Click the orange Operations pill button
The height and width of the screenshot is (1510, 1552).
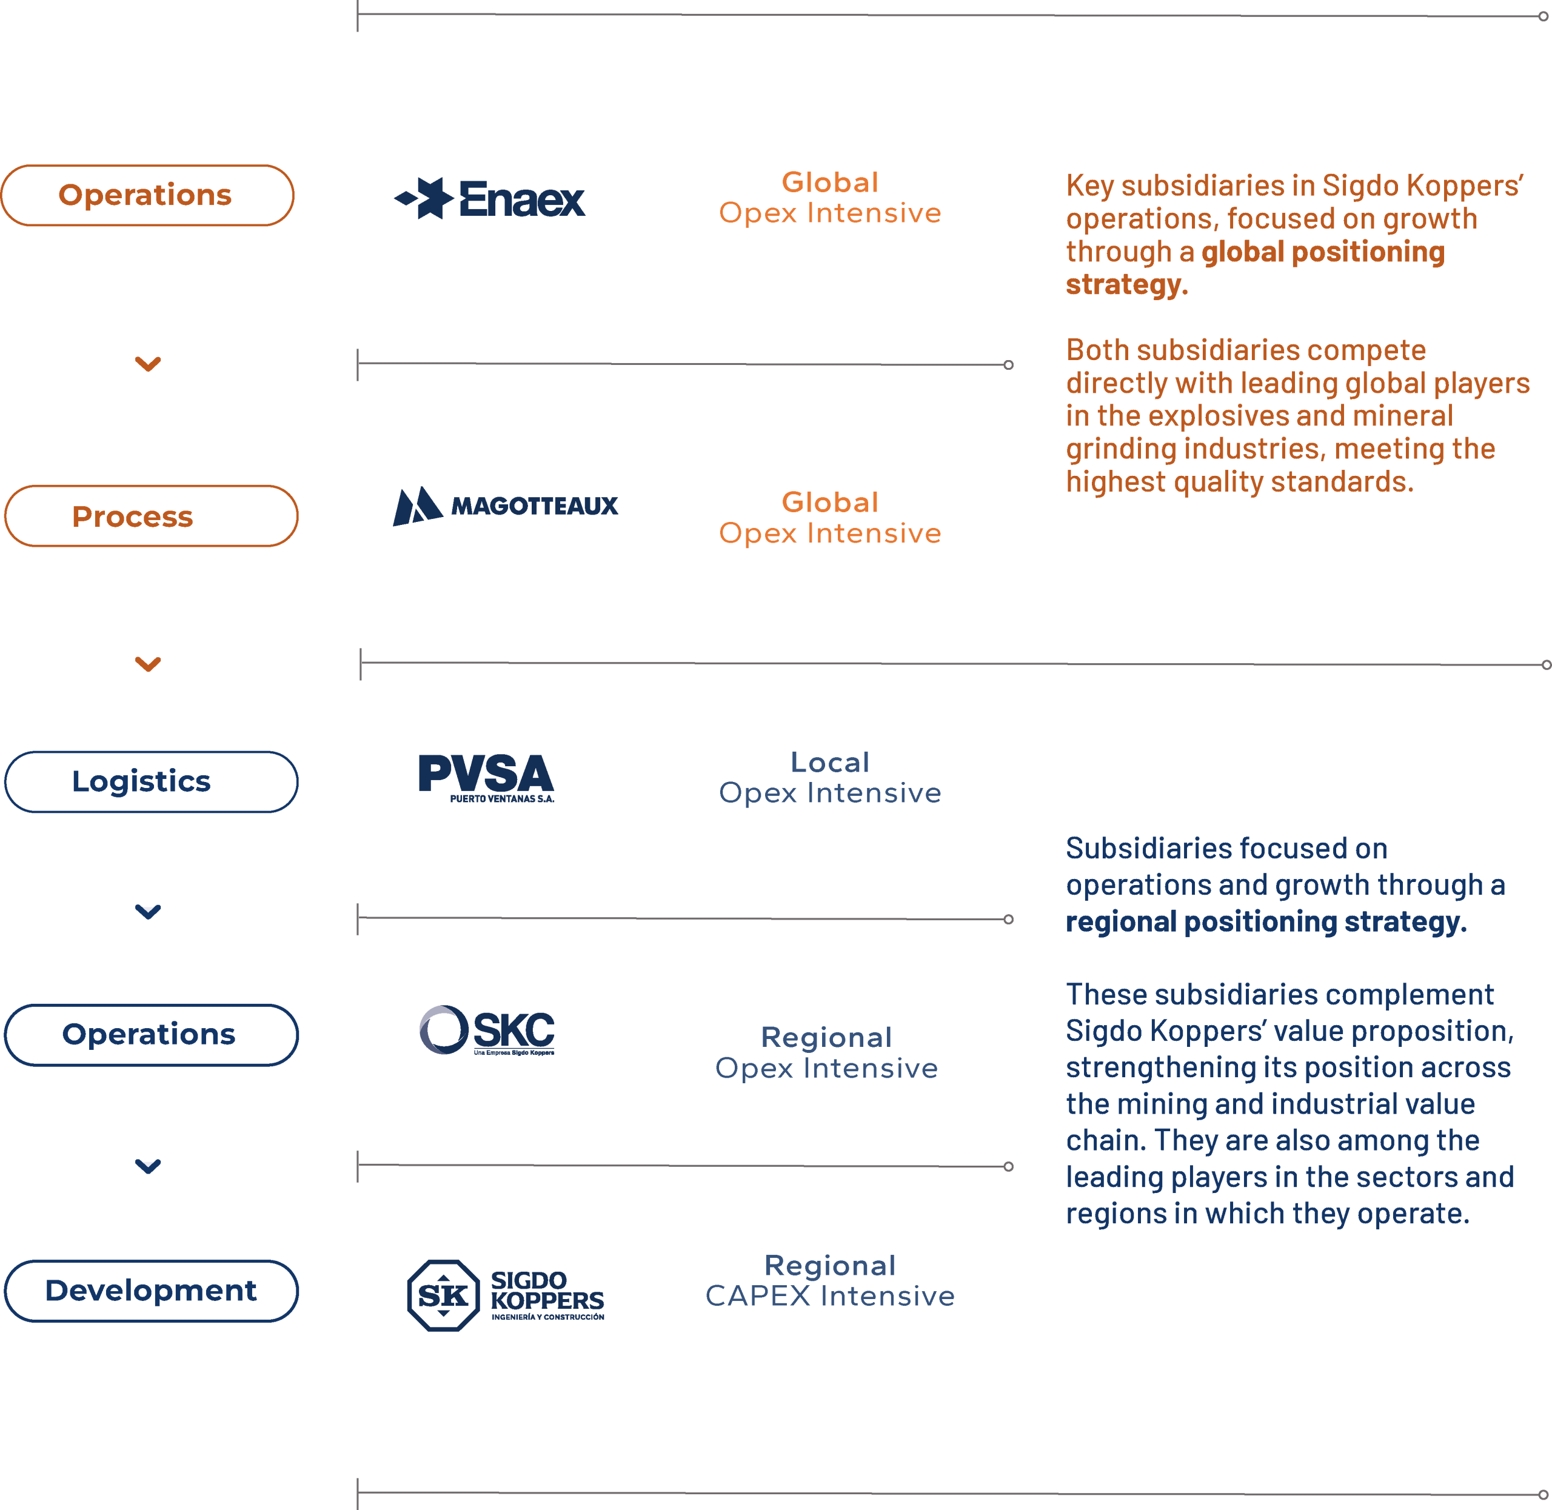[x=147, y=195]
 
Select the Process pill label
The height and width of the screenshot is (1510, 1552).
[x=152, y=516]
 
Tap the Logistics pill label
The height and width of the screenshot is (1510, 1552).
[x=152, y=782]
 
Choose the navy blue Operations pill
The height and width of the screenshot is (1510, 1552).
[x=152, y=1035]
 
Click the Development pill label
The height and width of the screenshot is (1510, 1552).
[x=152, y=1291]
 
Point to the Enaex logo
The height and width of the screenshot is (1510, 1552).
[x=490, y=198]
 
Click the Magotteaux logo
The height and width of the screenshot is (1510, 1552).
[x=505, y=506]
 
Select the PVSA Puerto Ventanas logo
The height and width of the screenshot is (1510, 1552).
[x=486, y=778]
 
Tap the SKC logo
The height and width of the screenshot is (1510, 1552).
[x=487, y=1030]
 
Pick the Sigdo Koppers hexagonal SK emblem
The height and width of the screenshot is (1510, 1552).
[x=443, y=1295]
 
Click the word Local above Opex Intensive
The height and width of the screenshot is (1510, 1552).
[x=831, y=762]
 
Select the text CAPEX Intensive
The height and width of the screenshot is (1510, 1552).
[x=831, y=1296]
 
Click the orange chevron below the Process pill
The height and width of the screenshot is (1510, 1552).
[x=149, y=664]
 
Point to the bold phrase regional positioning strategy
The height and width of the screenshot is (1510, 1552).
[x=1266, y=921]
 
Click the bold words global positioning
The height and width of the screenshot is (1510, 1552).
[x=1323, y=252]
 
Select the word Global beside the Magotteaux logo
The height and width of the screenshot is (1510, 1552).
[x=831, y=502]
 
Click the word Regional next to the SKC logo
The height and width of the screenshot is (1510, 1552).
[x=826, y=1037]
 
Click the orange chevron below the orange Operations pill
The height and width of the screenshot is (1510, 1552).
[x=149, y=364]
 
